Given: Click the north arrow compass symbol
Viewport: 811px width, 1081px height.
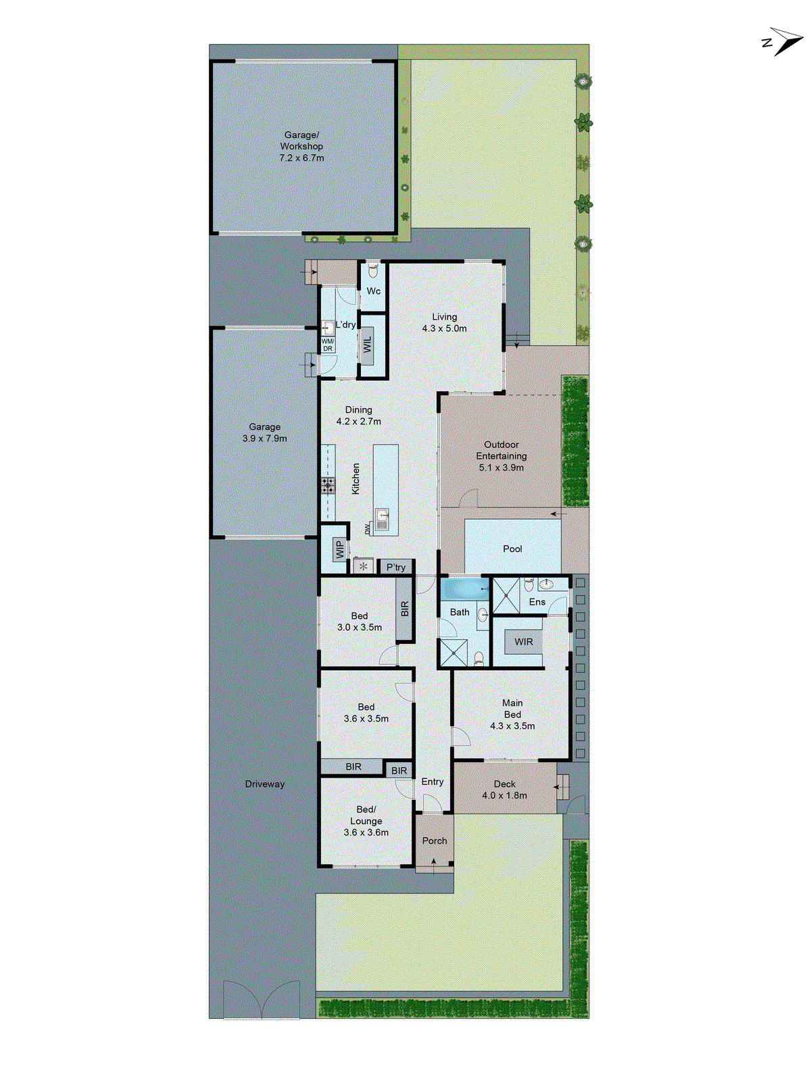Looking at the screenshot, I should (x=783, y=41).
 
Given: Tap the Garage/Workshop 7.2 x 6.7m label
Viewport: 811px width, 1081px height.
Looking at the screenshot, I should (x=301, y=146).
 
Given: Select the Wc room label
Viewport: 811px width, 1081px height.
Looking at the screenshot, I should (x=374, y=291).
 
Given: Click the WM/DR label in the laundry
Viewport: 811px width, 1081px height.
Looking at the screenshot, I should (x=327, y=345).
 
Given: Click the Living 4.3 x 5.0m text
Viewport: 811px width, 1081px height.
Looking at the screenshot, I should (x=444, y=322).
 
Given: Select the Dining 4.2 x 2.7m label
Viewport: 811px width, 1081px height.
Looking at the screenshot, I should (x=358, y=416).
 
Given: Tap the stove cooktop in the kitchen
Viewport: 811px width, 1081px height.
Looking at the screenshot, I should (x=328, y=484).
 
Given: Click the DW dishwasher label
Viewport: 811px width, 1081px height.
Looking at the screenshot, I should (x=368, y=529).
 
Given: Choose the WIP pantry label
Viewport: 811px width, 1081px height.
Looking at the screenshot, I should (x=340, y=549).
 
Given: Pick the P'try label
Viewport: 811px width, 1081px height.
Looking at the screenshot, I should (x=396, y=568).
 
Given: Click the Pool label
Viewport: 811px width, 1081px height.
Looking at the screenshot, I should (x=512, y=549).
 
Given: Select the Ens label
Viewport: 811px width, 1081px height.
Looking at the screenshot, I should (x=537, y=602).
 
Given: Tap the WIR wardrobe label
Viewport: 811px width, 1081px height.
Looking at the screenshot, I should (x=524, y=642).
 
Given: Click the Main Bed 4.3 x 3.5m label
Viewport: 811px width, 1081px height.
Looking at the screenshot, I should (x=512, y=714).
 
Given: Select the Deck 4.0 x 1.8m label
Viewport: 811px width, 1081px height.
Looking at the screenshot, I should (x=504, y=790).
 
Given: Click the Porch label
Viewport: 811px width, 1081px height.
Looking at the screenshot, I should (x=435, y=840).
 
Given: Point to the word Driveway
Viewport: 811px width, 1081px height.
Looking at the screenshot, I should (x=264, y=784).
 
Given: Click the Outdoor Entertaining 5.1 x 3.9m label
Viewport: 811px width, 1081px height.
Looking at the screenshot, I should (x=501, y=455).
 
